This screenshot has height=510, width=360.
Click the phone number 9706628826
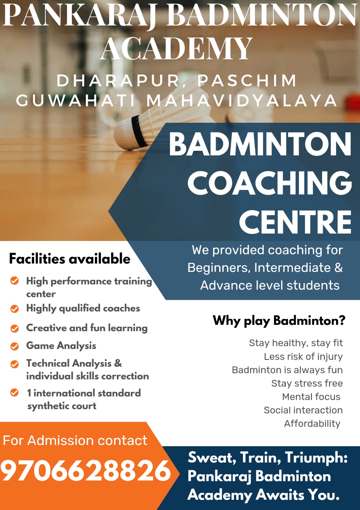(86, 470)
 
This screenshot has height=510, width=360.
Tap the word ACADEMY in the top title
(176, 48)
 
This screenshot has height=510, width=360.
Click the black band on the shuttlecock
(139, 131)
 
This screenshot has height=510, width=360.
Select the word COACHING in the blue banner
(270, 184)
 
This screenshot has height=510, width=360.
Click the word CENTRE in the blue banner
(295, 222)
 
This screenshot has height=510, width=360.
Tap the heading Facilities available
(70, 259)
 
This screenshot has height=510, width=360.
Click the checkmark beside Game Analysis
(15, 346)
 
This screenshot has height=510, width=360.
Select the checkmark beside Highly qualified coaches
(15, 309)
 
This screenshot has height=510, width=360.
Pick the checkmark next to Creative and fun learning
(15, 329)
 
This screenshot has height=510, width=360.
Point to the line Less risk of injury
(303, 357)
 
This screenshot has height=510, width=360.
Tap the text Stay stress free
(307, 383)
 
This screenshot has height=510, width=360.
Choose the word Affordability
(312, 424)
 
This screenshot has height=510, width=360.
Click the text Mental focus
(311, 397)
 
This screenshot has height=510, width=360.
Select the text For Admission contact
(75, 440)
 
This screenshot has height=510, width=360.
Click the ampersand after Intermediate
(339, 267)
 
